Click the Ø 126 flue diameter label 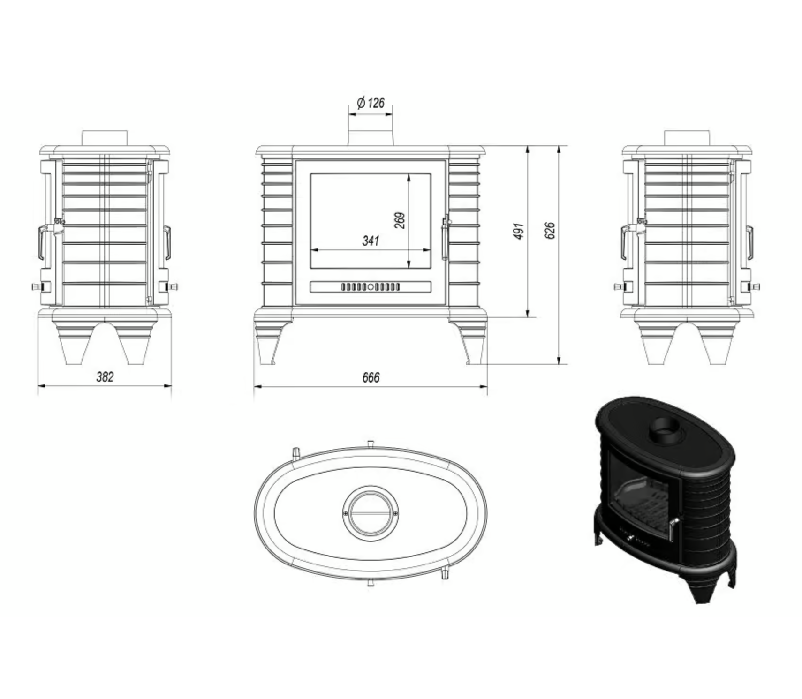370,103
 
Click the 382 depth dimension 105,377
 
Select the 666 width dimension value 371,377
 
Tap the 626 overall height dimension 550,231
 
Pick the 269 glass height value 400,220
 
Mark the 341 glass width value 370,241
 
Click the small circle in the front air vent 370,287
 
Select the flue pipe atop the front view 370,131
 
